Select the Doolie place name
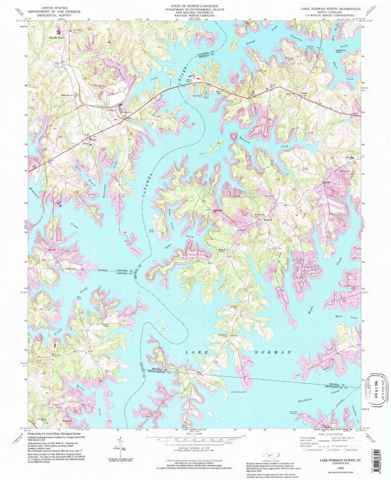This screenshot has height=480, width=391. tap(304, 93)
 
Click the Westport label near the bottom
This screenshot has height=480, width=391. tap(67, 421)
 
